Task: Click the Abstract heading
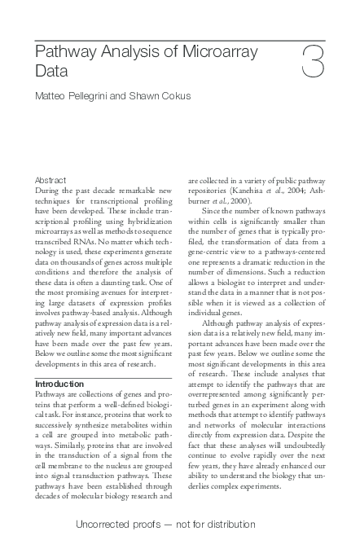point(50,180)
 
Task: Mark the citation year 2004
point(296,191)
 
